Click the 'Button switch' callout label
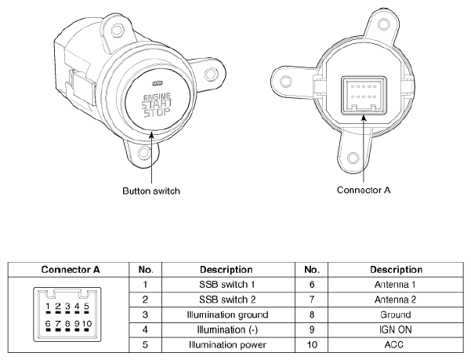pos(151,191)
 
